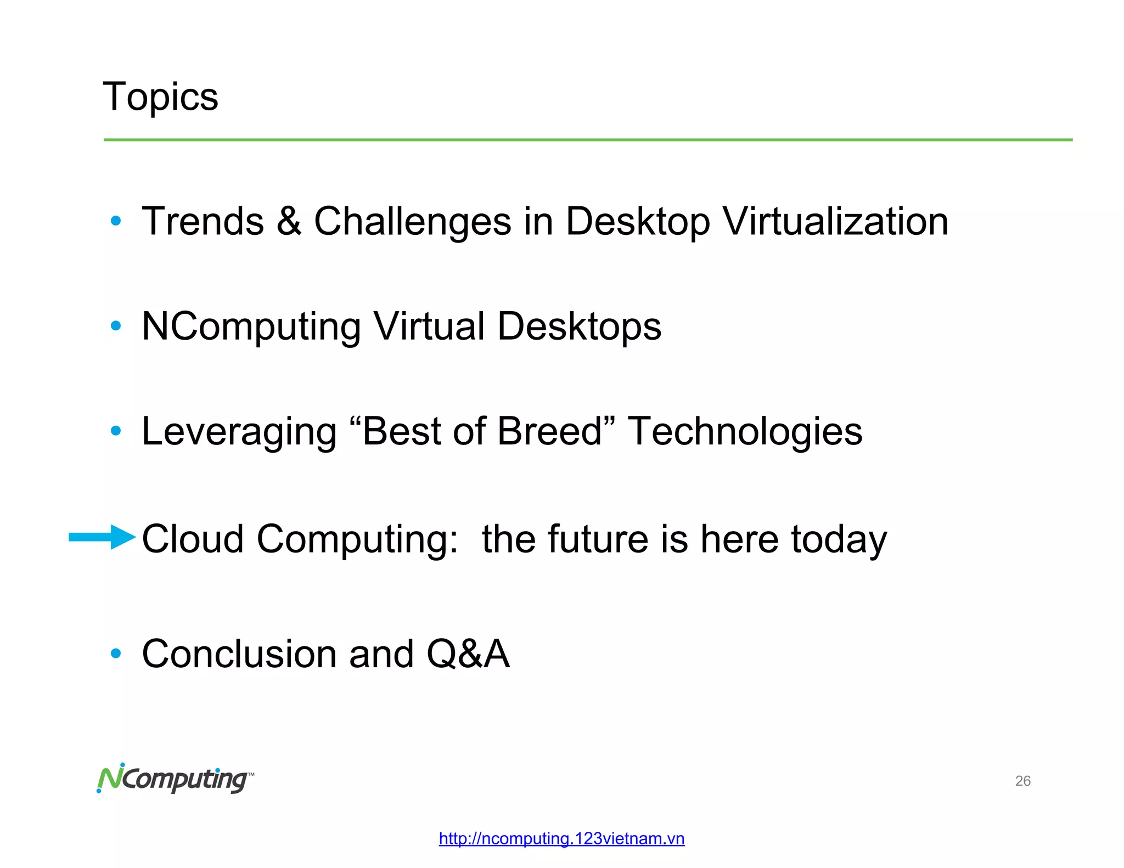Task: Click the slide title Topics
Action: click(160, 97)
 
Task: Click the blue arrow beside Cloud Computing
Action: click(102, 537)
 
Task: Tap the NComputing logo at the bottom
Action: click(175, 778)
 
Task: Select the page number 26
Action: click(1022, 781)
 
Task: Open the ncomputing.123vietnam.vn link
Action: click(561, 838)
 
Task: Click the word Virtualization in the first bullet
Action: click(835, 221)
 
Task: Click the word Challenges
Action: click(412, 221)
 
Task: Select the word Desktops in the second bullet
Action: click(579, 326)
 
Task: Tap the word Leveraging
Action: click(239, 432)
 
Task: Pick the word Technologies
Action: click(745, 432)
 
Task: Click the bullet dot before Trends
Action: click(115, 221)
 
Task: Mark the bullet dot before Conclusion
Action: click(115, 653)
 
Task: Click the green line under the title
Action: click(587, 140)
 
